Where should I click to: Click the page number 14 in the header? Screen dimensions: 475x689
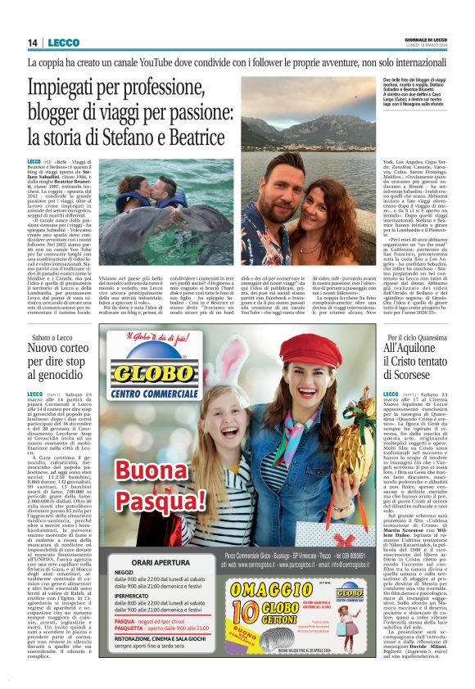click(x=34, y=43)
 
